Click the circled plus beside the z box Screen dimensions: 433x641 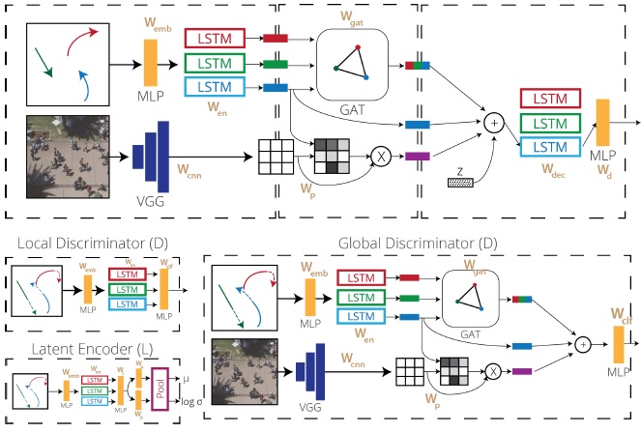494,123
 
